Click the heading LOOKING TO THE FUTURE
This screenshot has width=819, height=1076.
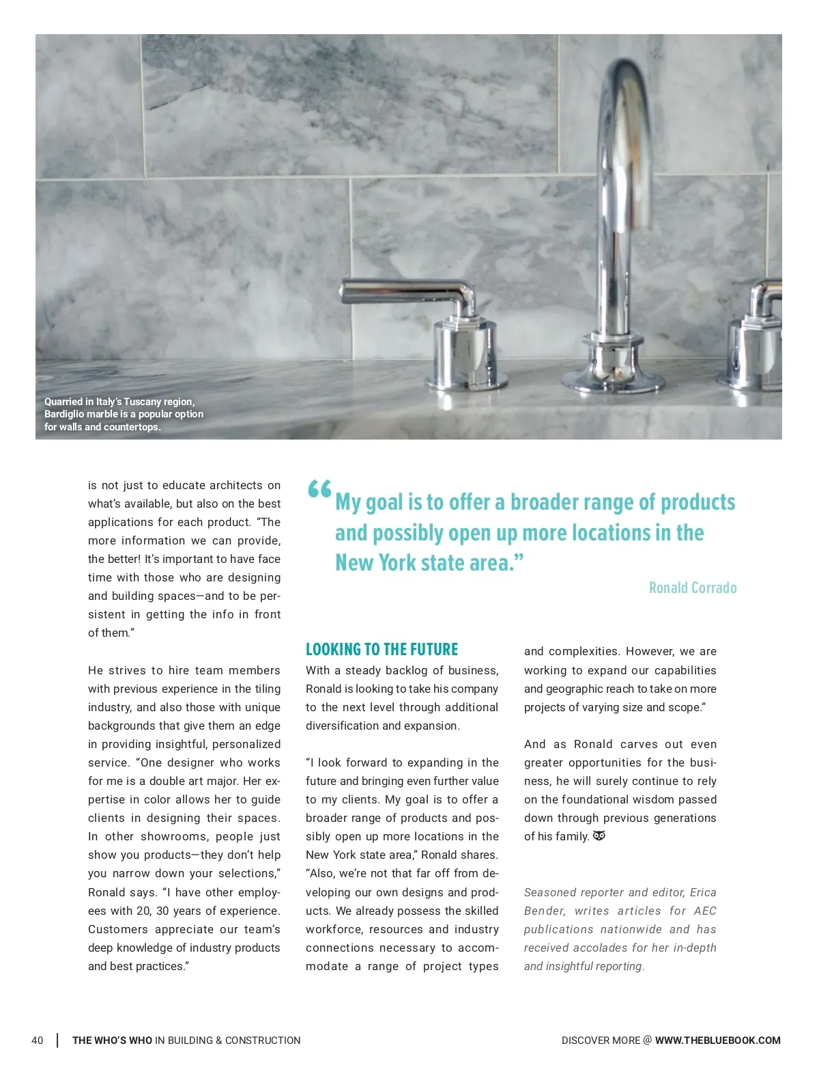[382, 649]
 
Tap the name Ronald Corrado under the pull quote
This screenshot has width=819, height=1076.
[692, 588]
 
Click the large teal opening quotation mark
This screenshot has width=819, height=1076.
[319, 489]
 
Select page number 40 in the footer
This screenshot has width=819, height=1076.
[38, 1040]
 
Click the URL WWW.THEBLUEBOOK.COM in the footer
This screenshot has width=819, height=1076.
[717, 1040]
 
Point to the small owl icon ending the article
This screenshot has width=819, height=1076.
[599, 836]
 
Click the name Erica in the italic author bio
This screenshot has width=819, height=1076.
[703, 892]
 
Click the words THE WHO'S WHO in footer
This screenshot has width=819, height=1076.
[113, 1040]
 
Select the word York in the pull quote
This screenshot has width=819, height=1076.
[397, 563]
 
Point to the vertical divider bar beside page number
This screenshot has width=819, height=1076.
[57, 1040]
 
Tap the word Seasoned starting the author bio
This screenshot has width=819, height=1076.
[549, 892]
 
